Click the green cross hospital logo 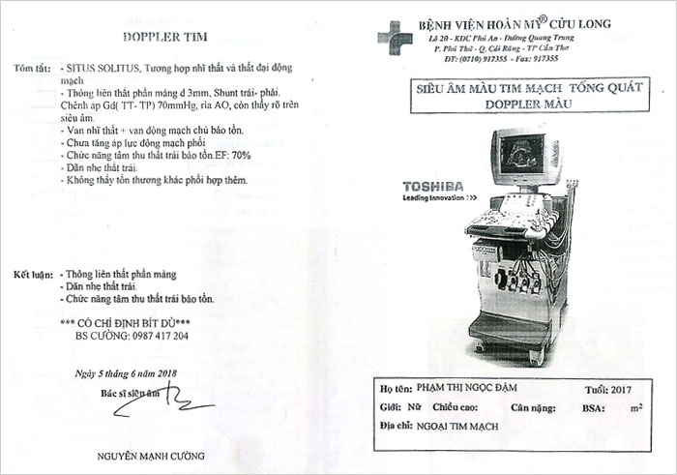point(394,38)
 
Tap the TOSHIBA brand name point(432,186)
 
